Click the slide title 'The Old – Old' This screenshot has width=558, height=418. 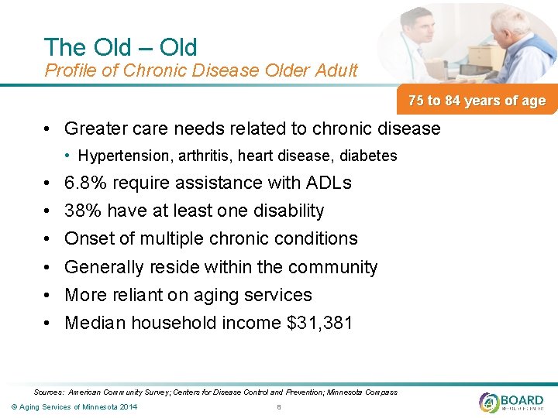121,47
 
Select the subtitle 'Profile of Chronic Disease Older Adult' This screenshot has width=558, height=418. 201,71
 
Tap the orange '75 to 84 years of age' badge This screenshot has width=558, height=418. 477,101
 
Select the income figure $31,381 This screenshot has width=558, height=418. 319,323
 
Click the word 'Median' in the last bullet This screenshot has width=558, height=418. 95,323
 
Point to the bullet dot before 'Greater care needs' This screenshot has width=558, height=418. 48,129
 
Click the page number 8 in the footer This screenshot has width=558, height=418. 278,407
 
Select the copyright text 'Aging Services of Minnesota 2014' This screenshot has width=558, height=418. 75,407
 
